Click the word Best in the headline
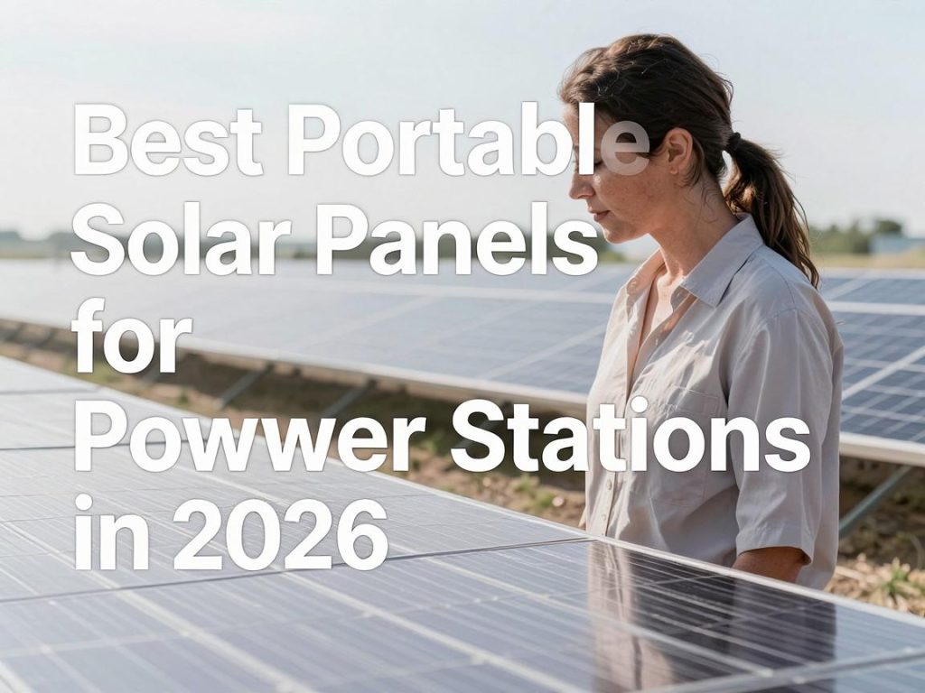(x=167, y=140)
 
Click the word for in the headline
(x=132, y=336)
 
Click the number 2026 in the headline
(x=280, y=532)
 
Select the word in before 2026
(x=111, y=531)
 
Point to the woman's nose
(x=576, y=188)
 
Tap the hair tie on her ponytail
(x=733, y=142)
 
